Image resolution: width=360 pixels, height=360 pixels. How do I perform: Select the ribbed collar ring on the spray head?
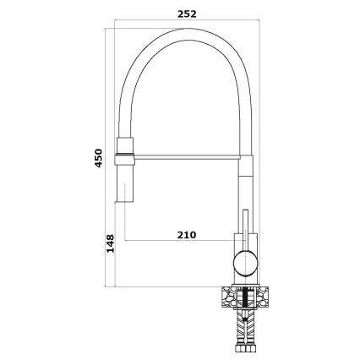(x=124, y=153)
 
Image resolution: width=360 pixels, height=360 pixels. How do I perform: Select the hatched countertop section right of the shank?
(x=265, y=297)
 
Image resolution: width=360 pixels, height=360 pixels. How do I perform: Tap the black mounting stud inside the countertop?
(x=246, y=297)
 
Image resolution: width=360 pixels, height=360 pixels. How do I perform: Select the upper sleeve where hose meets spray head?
(x=124, y=140)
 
